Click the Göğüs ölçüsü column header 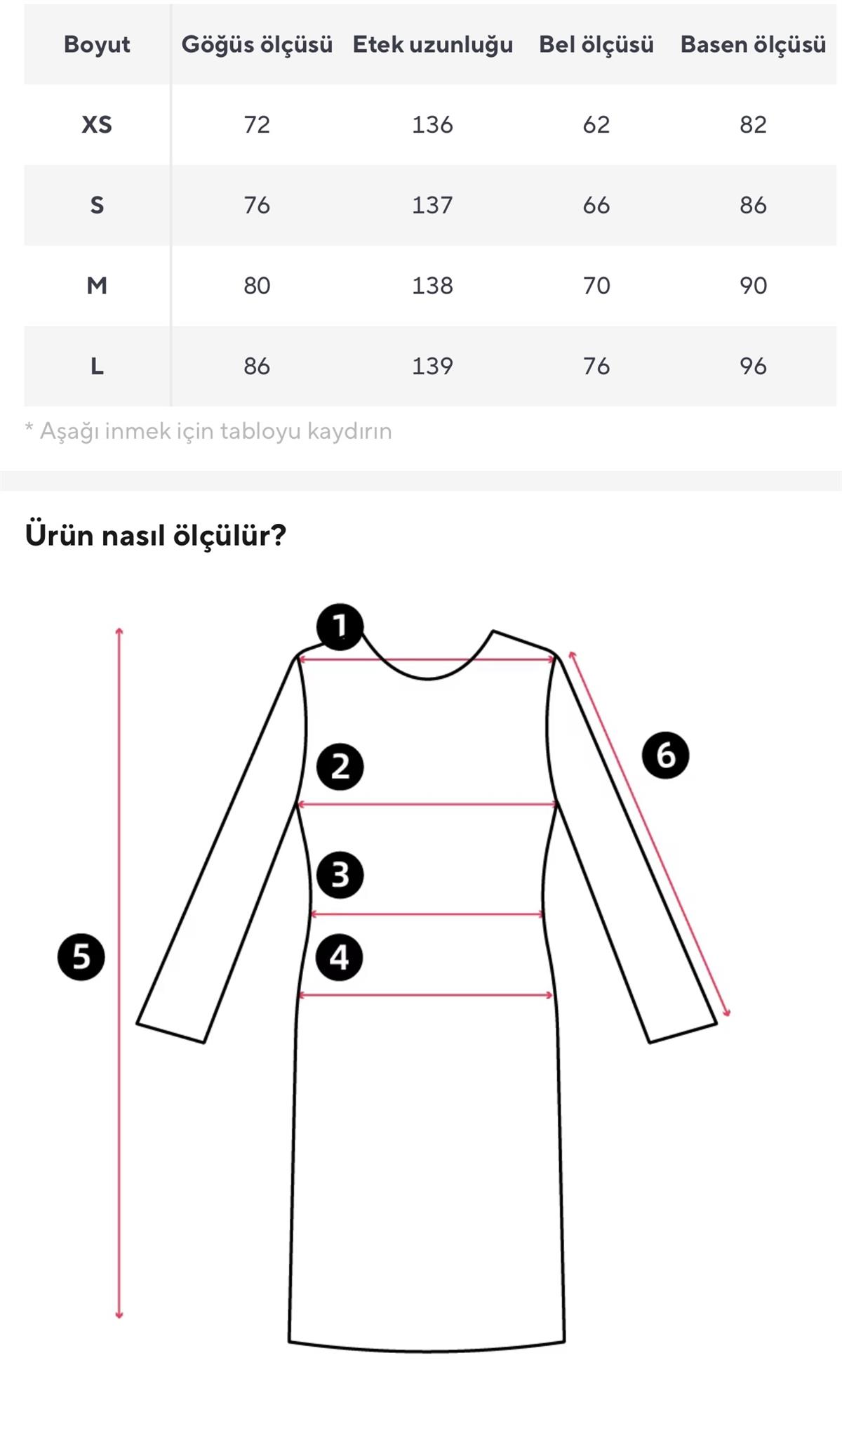pyautogui.click(x=257, y=44)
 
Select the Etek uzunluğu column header pyautogui.click(x=432, y=44)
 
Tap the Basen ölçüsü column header pyautogui.click(x=753, y=44)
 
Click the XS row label pyautogui.click(x=97, y=125)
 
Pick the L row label pyautogui.click(x=97, y=366)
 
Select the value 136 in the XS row pyautogui.click(x=432, y=125)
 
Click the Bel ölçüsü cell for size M pyautogui.click(x=596, y=286)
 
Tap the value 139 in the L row pyautogui.click(x=432, y=366)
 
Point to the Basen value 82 pyautogui.click(x=753, y=125)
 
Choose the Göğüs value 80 pyautogui.click(x=257, y=286)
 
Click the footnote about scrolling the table pyautogui.click(x=208, y=430)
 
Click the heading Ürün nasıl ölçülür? pyautogui.click(x=156, y=535)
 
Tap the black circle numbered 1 pyautogui.click(x=340, y=626)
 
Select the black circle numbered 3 pyautogui.click(x=340, y=875)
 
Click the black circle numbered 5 pyautogui.click(x=81, y=956)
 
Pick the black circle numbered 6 pyautogui.click(x=665, y=755)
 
